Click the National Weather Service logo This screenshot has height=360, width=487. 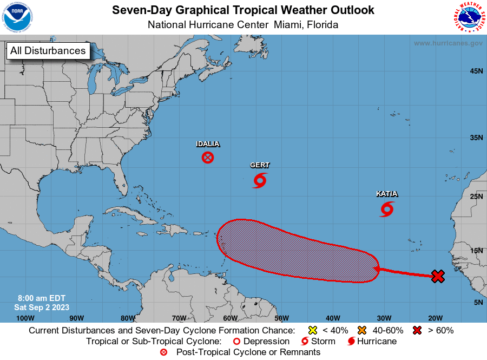click(468, 17)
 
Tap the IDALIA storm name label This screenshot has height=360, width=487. click(208, 144)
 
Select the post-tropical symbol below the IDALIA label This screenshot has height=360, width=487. click(208, 158)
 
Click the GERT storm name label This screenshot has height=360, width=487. click(260, 165)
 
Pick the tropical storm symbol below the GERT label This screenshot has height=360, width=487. click(260, 180)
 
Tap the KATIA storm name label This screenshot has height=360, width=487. click(387, 194)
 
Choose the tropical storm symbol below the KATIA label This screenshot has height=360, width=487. click(387, 209)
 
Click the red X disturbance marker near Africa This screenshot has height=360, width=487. click(438, 277)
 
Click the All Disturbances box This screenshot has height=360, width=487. click(48, 51)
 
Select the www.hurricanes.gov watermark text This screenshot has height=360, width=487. click(448, 43)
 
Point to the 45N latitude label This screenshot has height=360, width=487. click(476, 71)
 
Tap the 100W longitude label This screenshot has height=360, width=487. click(25, 318)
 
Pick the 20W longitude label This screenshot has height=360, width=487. click(436, 318)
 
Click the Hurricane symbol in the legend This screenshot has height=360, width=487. click(351, 342)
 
